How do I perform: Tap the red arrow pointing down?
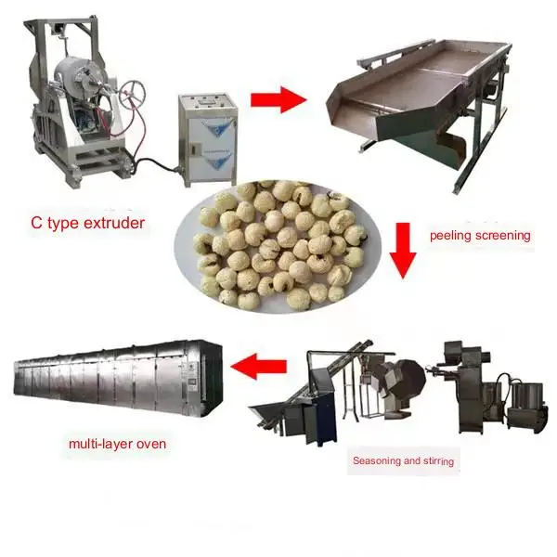coord(401,249)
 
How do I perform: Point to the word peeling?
coord(450,235)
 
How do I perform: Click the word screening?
coord(502,235)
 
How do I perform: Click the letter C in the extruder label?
coord(33,223)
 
